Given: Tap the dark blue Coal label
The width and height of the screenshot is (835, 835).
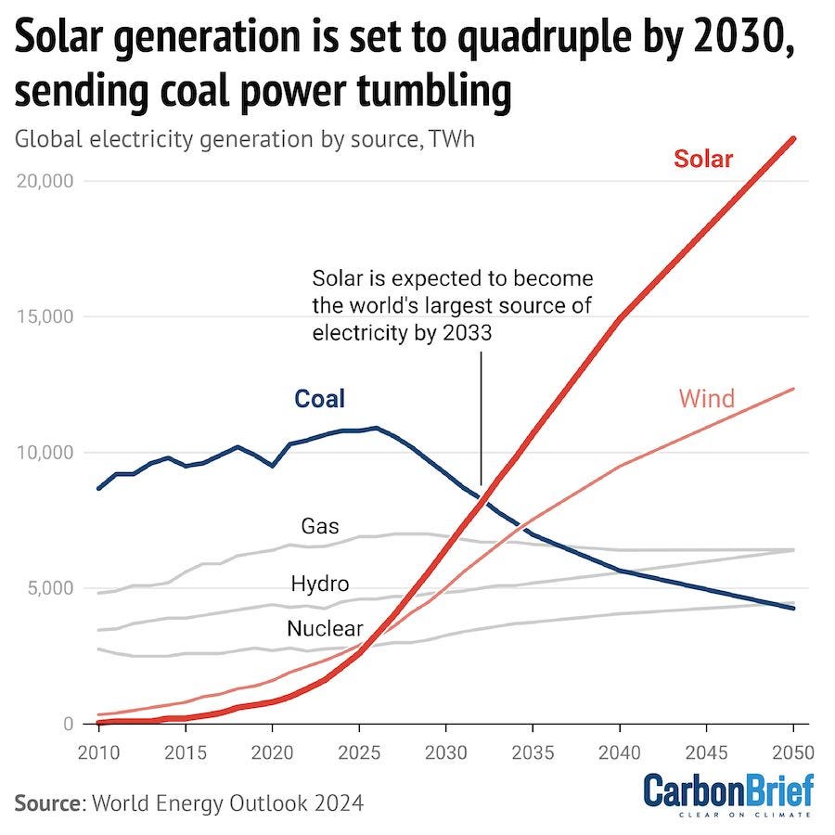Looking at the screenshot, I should [x=319, y=399].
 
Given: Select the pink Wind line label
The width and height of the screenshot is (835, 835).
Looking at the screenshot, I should [x=706, y=399].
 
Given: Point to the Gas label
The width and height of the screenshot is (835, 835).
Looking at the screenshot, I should [x=320, y=527].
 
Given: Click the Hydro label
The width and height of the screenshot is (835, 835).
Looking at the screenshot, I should [x=320, y=584].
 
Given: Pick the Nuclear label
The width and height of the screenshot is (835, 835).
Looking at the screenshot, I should [x=325, y=628].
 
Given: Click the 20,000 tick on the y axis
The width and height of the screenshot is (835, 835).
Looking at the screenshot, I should [x=45, y=180].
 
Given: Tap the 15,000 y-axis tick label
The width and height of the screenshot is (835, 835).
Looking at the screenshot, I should [x=45, y=316].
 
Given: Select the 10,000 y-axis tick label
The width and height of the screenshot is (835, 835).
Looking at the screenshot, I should [x=45, y=452].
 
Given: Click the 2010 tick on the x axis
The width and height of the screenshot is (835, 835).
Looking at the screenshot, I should [x=98, y=750].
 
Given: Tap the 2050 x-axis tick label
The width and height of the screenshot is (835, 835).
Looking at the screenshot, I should [x=791, y=750].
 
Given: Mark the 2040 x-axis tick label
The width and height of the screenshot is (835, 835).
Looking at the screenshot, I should [x=619, y=750].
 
